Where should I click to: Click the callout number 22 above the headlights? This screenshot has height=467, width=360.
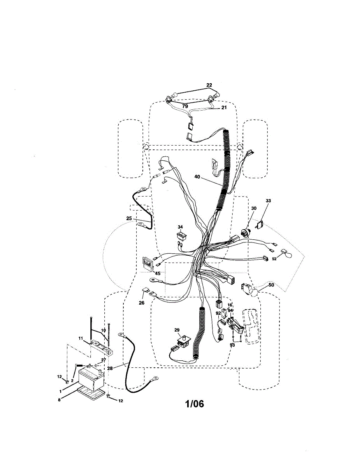(209, 85)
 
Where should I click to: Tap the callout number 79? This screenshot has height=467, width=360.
(185, 106)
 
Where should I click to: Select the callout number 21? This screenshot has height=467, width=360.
(223, 108)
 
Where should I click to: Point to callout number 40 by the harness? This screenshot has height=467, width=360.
(197, 177)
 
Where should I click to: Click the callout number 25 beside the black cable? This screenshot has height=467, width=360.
(129, 219)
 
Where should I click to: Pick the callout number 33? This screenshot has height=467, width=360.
(268, 201)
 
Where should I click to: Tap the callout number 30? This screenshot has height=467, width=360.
(254, 208)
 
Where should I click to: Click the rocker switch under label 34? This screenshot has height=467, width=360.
(181, 236)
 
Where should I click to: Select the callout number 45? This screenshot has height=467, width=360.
(158, 273)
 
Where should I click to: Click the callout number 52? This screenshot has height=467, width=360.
(274, 259)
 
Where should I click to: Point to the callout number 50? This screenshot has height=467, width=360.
(271, 285)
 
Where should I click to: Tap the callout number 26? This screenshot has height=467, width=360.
(141, 303)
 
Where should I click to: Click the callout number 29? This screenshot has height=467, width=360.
(177, 330)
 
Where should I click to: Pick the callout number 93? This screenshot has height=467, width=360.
(232, 345)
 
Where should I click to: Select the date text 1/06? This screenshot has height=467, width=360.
(194, 404)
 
